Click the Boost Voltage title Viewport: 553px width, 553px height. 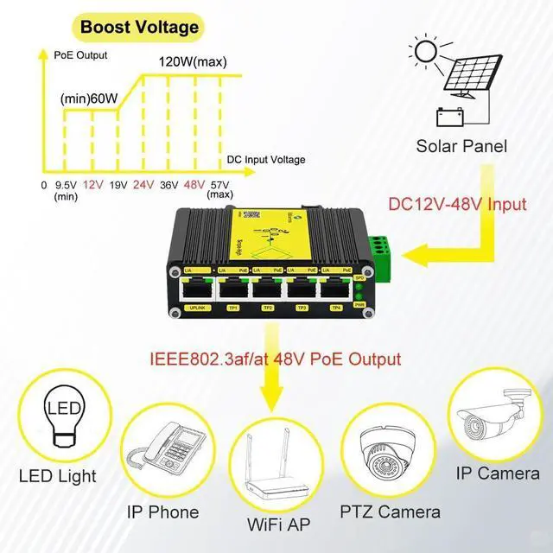click(x=139, y=27)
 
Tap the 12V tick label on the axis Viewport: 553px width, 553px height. click(x=93, y=185)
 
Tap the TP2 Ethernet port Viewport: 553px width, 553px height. click(x=266, y=291)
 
